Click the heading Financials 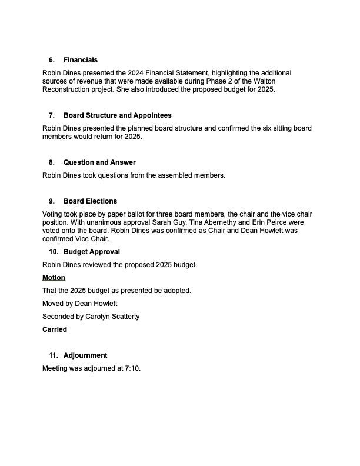tap(81, 60)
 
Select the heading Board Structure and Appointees tap(117, 115)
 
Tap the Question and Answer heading tap(99, 162)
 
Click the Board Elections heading tap(90, 201)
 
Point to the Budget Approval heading tap(91, 252)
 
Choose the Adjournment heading tap(85, 355)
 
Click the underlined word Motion tap(54, 278)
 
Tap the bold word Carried tap(55, 329)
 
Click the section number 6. tap(52, 60)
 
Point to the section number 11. tap(54, 355)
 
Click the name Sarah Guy tap(169, 223)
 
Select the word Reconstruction tap(66, 90)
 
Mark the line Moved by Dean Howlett tap(80, 304)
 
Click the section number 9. tap(52, 201)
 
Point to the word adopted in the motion tap(178, 291)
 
